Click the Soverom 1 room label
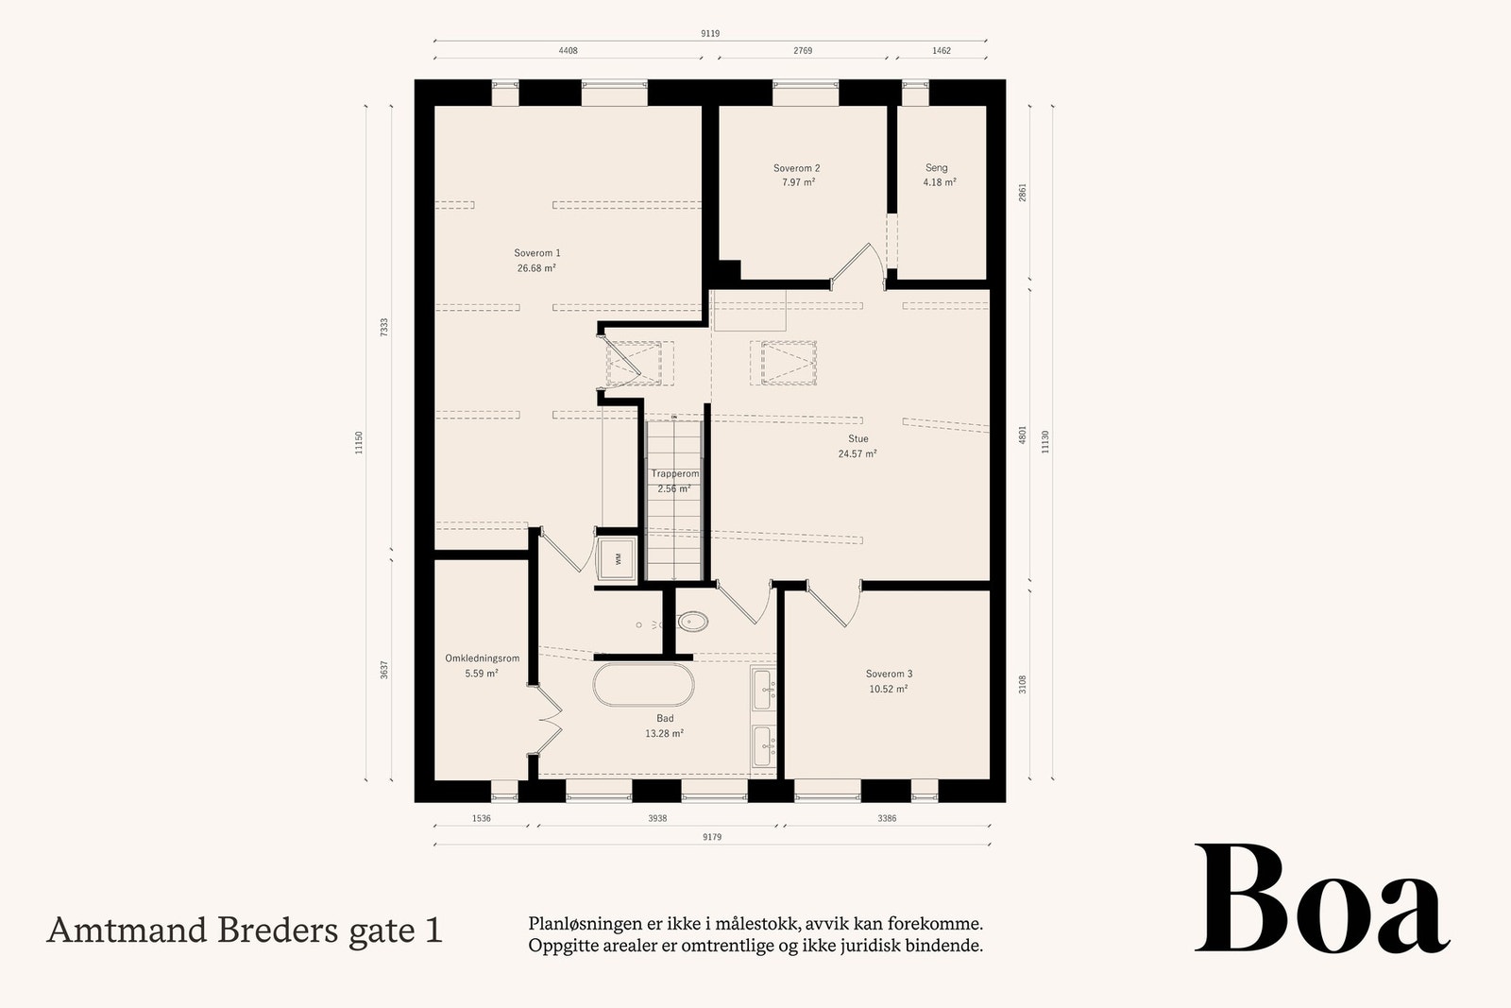click(x=536, y=253)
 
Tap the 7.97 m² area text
click(x=798, y=182)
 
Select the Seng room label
click(x=936, y=168)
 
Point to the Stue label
click(x=857, y=439)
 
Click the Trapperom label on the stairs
click(x=674, y=474)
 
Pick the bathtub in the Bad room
click(x=643, y=685)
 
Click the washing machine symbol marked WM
click(x=619, y=558)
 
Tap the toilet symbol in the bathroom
click(x=692, y=622)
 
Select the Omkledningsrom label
click(x=482, y=658)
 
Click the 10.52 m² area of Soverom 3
click(x=888, y=690)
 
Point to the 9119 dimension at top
click(x=709, y=34)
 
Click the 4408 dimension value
click(x=568, y=51)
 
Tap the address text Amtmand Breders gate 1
click(x=244, y=931)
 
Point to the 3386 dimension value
click(x=887, y=819)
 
